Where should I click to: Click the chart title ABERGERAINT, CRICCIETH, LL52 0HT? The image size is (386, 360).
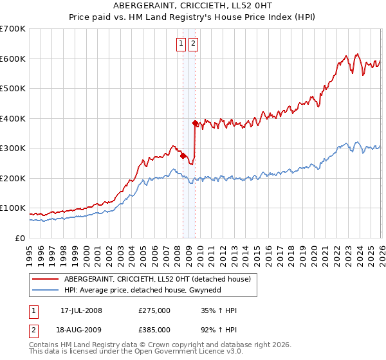tap(193, 6)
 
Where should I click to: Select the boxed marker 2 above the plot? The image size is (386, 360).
tap(193, 44)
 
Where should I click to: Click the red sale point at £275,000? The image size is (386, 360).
tap(183, 156)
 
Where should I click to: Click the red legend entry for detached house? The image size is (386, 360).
tap(161, 279)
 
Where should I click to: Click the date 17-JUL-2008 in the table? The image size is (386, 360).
tap(81, 310)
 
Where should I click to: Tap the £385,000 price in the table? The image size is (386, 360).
tap(154, 329)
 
